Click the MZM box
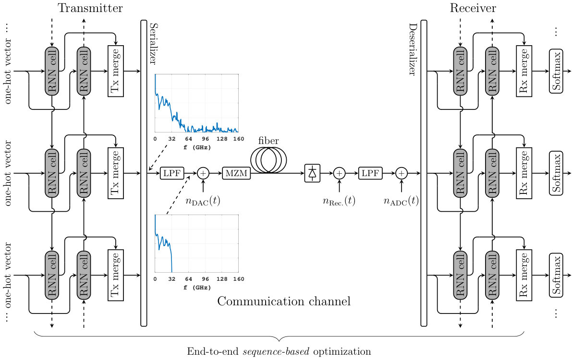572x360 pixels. coord(236,173)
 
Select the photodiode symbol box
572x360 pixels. coord(312,173)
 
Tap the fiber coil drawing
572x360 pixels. coord(268,160)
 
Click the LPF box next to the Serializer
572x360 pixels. coord(172,173)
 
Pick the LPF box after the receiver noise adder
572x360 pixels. coord(370,173)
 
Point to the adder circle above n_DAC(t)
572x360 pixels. coord(203,173)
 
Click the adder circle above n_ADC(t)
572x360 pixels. coord(402,173)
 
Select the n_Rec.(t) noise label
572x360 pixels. coord(339,201)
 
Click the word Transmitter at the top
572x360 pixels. coord(90,8)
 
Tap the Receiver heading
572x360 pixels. coord(473,8)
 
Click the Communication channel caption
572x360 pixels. coord(284,301)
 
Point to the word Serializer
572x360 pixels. coord(154,44)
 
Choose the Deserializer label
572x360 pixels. coord(413,49)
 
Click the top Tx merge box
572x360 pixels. coord(116,71)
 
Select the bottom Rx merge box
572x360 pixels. coord(524,276)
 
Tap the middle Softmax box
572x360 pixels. coord(556,173)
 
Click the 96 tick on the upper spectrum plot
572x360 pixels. coord(205,139)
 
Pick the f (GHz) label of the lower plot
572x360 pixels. coord(197,288)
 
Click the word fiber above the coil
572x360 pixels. coord(268,141)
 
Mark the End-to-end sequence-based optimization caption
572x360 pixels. coord(279,352)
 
